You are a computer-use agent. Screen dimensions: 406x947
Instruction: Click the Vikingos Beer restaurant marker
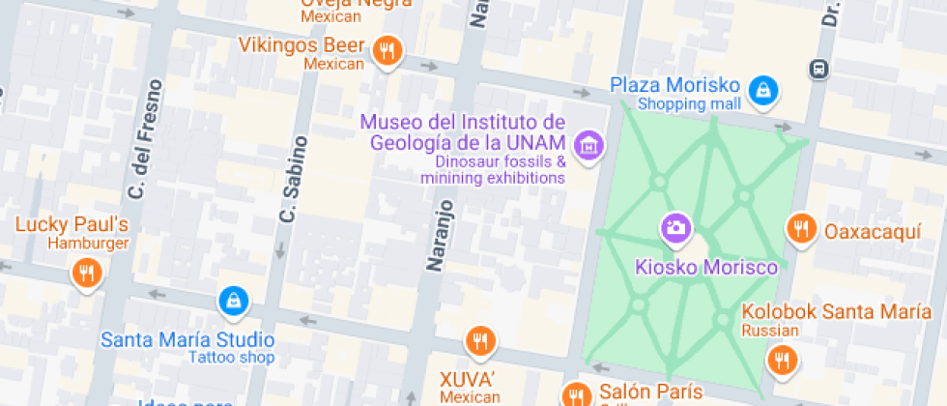point(387,50)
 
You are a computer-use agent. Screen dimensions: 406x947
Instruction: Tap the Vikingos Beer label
point(302,45)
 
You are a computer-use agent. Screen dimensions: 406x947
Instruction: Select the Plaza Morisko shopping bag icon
point(763,90)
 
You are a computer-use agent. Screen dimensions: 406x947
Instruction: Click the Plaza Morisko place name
point(675,85)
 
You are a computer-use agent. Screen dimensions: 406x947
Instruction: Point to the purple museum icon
point(587,147)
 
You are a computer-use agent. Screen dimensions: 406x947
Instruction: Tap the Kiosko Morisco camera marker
point(675,229)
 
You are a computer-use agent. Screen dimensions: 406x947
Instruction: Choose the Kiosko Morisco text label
point(705,266)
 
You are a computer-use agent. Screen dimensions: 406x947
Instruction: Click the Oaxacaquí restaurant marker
point(799,229)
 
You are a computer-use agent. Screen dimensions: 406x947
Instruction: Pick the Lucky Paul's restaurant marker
point(86,274)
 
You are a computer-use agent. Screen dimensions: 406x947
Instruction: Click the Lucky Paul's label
point(72,226)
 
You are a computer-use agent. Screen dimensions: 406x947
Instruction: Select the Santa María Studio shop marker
point(233,301)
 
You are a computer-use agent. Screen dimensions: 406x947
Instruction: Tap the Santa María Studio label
point(187,340)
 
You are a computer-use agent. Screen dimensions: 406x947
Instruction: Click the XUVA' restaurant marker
point(480,340)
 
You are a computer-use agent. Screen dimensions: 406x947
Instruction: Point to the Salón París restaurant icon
point(576,394)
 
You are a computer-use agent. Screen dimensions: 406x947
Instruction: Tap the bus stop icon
point(819,69)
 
